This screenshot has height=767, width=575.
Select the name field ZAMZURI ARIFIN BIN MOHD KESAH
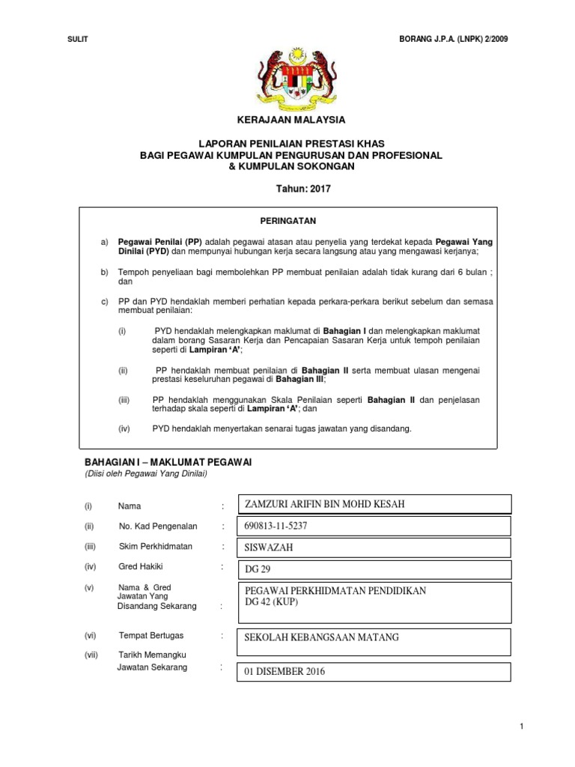(325, 504)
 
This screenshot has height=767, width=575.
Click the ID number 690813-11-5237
(276, 526)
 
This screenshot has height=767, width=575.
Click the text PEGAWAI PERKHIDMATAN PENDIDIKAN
(335, 591)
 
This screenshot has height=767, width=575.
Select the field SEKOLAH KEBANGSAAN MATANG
(322, 637)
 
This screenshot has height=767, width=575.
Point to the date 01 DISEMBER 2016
(285, 672)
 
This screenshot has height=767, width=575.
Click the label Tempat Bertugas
(151, 635)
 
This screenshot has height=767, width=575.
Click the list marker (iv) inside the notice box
(124, 428)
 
